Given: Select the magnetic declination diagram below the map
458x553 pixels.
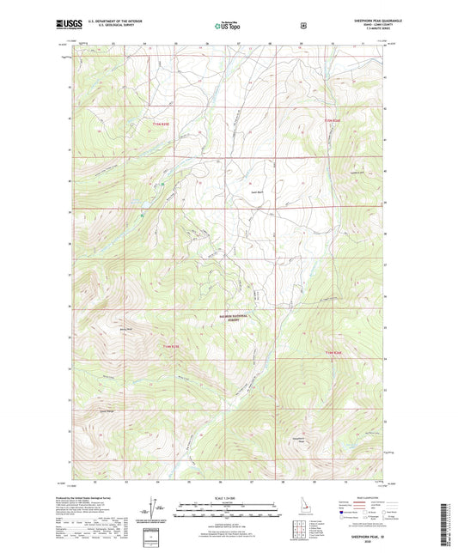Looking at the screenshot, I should (x=158, y=511).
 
